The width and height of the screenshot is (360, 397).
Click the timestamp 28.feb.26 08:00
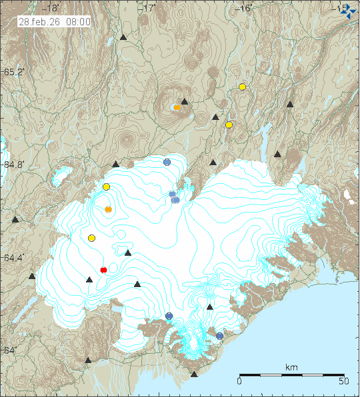55,21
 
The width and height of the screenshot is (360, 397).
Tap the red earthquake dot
103,270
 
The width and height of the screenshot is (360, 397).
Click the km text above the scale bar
291,367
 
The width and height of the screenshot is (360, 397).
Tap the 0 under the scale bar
239,382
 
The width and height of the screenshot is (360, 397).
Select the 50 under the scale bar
343,382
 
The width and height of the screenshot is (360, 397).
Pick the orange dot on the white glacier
109,210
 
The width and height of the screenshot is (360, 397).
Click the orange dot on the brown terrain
177,107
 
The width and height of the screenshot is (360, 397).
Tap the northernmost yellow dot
243,87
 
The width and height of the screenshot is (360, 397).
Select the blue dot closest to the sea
220,336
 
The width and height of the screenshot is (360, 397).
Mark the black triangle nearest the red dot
89,280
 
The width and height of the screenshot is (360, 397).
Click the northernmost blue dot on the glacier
167,162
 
